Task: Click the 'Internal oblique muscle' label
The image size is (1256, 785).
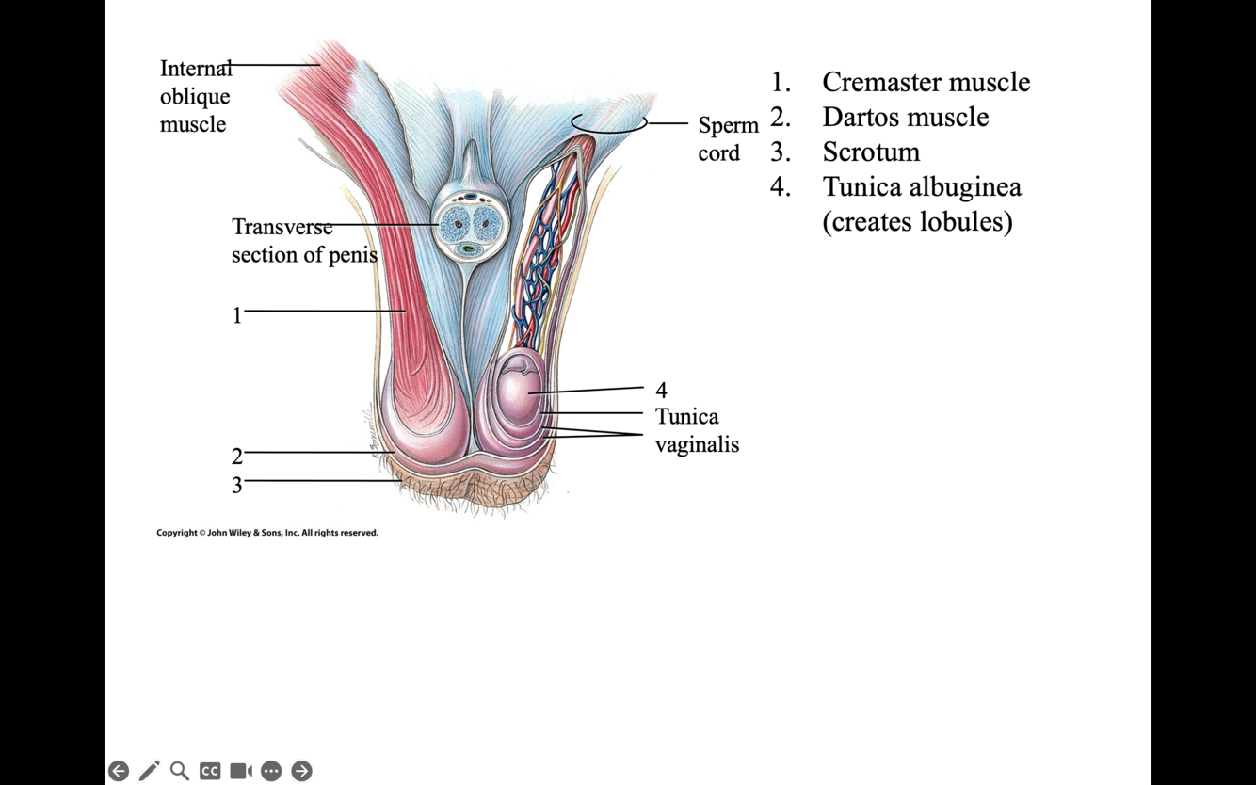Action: coord(195,96)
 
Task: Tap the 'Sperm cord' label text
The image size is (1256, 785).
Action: coord(728,139)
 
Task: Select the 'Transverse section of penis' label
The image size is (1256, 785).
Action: coord(303,241)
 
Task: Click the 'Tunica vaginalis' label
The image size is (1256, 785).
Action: coord(697,430)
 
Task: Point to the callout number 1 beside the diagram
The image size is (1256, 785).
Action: coord(237,315)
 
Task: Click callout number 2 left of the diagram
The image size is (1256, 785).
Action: coord(237,457)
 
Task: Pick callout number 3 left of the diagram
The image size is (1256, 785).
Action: coord(237,485)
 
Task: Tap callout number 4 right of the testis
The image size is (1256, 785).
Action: coord(661,390)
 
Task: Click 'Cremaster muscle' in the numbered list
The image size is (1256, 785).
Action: coord(926,82)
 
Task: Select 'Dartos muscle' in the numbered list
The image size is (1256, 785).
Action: coord(905,117)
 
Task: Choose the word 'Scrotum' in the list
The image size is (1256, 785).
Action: coord(871,152)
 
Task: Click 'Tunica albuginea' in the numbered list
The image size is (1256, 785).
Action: coord(922,186)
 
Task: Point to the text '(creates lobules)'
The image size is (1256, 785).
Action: coord(917,221)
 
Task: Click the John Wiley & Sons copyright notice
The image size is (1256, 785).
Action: coord(267,533)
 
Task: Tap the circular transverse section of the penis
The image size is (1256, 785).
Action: coord(470,225)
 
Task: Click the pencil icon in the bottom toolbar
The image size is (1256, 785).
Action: coord(149,771)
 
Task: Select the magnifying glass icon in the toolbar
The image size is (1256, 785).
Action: coord(179,771)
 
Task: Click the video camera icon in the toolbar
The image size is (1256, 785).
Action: coord(241,771)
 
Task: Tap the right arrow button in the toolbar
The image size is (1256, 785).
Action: coord(301,771)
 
